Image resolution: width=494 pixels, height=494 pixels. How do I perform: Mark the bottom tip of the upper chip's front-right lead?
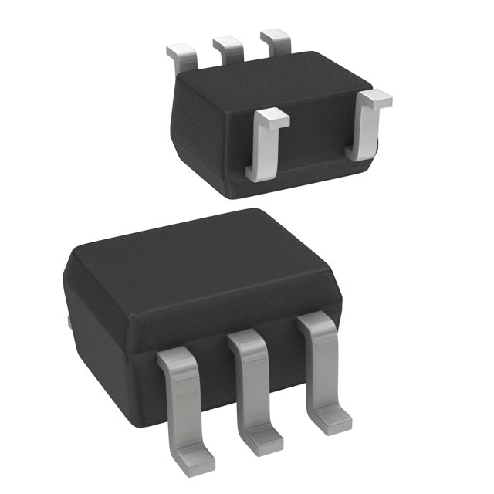(357, 154)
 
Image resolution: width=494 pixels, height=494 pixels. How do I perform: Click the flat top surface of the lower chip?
(201, 262)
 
